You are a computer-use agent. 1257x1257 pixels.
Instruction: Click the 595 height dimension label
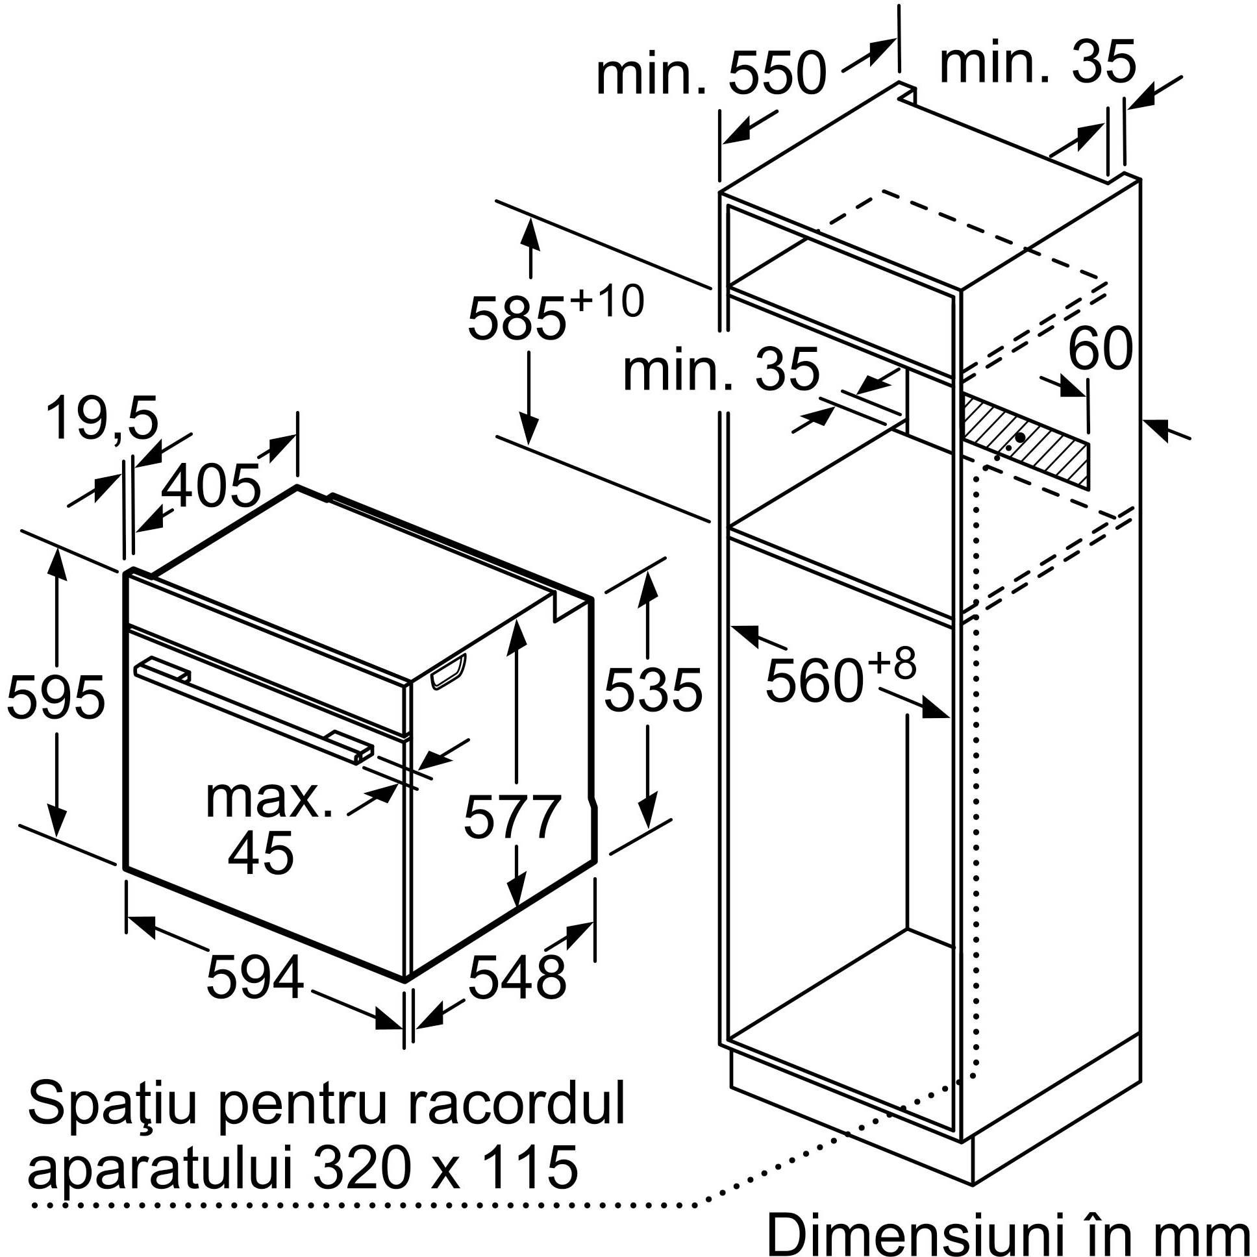coord(55,697)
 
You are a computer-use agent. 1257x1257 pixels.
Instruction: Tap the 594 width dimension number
coord(255,977)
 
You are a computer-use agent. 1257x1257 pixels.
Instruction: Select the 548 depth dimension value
coord(517,977)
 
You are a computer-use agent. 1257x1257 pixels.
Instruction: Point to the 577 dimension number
coord(512,816)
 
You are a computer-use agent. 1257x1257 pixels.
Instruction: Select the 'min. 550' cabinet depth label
coord(710,73)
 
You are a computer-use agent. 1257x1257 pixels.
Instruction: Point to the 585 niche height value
coord(517,318)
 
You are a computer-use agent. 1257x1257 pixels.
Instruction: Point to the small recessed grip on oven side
coord(448,671)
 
